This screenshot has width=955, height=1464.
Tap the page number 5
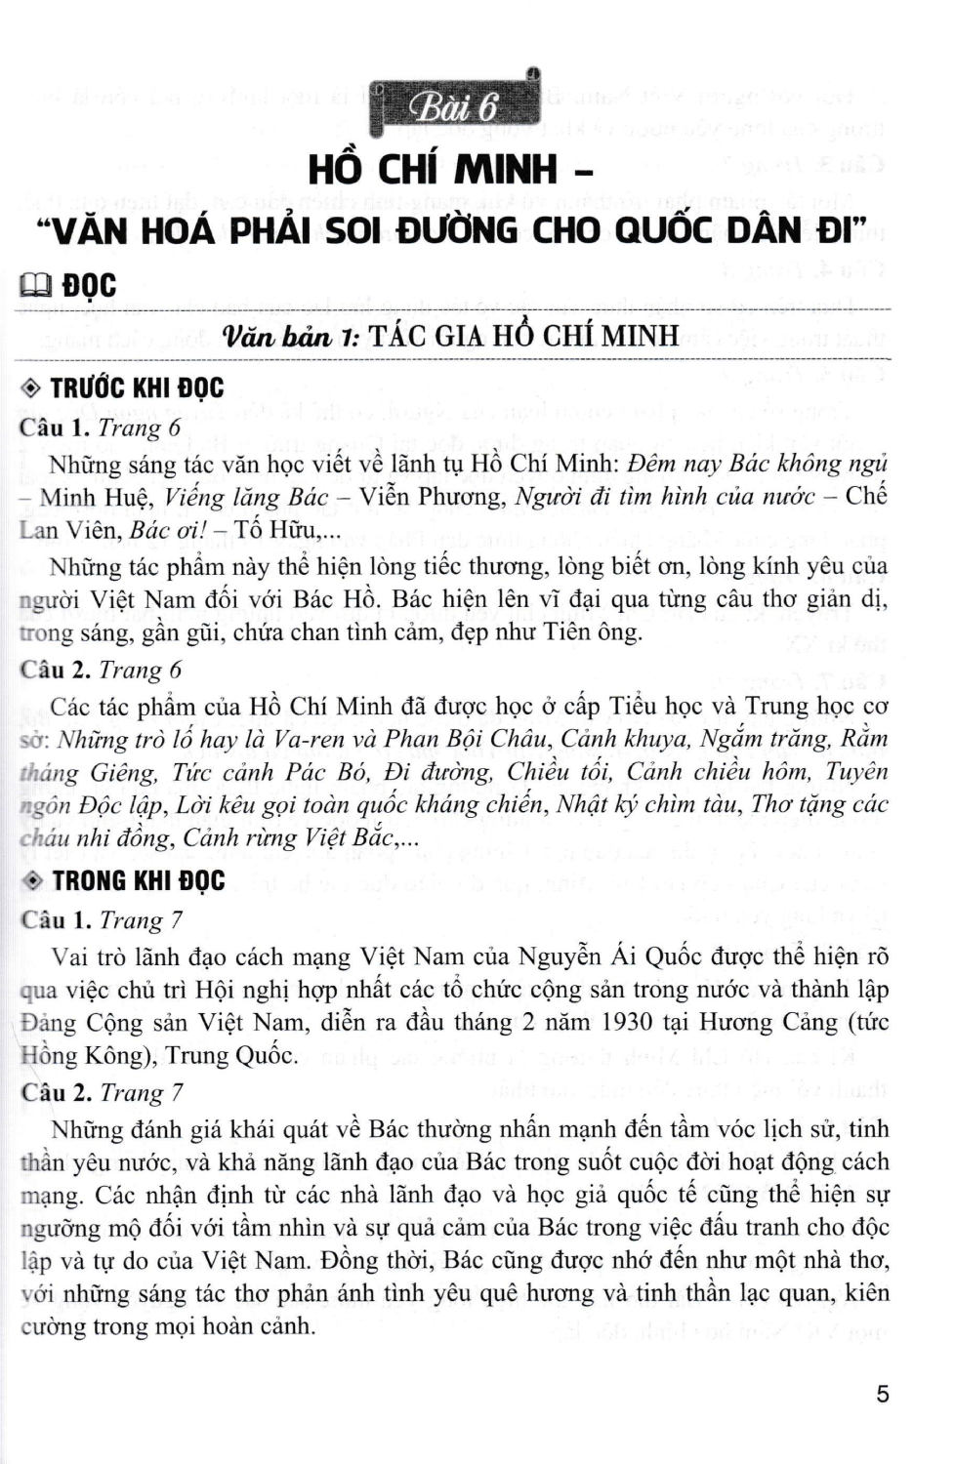882,1393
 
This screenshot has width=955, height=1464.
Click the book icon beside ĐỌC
36,286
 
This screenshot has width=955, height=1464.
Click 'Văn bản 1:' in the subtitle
291,337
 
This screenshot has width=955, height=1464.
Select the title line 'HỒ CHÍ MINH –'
450,170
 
